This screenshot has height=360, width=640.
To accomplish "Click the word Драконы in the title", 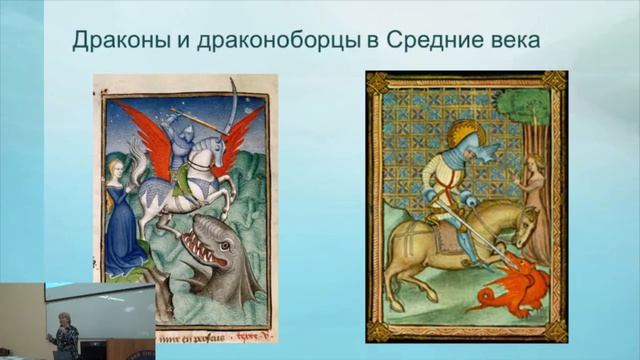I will [x=112, y=41].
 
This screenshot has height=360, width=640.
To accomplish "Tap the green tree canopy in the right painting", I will [x=529, y=114].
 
